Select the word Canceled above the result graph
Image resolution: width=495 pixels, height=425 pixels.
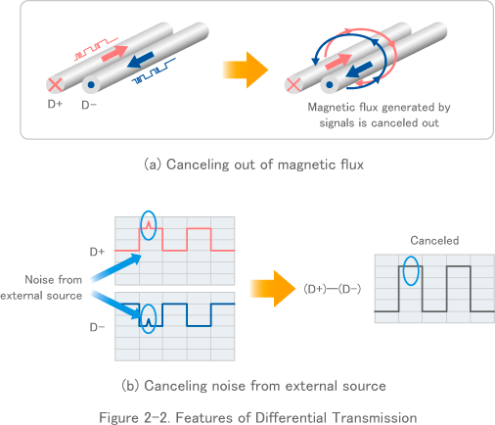tap(434, 240)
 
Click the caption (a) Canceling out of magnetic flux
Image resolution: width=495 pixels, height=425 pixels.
tap(253, 165)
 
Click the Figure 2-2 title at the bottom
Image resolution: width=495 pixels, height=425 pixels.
tap(258, 416)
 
